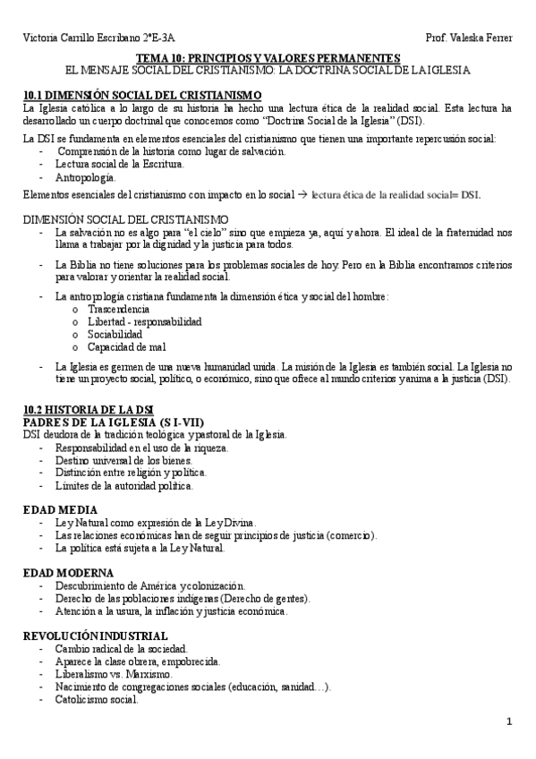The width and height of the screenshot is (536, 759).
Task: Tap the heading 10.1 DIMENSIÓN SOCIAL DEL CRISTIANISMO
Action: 142,95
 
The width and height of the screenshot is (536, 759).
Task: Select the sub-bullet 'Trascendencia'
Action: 119,309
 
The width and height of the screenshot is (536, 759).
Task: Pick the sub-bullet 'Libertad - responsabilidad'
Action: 144,321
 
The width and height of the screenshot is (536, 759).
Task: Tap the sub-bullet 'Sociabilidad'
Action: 115,334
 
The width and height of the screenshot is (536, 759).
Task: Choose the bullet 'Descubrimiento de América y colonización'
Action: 149,584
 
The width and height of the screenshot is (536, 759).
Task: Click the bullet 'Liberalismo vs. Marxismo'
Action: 114,672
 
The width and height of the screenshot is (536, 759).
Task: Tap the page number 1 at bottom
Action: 508,721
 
